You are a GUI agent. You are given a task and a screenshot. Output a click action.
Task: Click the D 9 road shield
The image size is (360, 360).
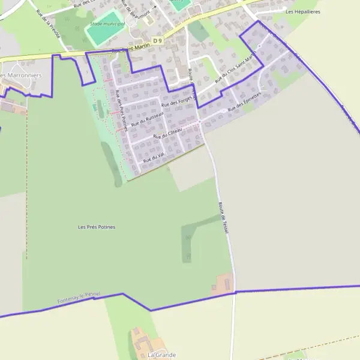(158, 40)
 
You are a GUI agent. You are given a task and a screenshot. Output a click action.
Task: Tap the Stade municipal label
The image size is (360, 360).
(107, 24)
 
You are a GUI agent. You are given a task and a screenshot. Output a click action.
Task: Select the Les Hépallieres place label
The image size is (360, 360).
(302, 11)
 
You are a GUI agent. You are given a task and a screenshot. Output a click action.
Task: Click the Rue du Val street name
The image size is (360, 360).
(154, 158)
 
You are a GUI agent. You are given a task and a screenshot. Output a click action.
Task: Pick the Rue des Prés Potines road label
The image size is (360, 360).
(121, 110)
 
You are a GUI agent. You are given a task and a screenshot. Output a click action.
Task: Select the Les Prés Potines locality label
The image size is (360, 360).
(97, 227)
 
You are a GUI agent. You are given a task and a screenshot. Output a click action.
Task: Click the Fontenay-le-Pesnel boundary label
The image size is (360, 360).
(79, 298)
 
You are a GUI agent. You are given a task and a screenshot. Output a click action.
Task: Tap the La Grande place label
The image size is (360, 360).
(161, 355)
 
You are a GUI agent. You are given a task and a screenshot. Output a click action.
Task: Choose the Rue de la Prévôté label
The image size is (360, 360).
(49, 24)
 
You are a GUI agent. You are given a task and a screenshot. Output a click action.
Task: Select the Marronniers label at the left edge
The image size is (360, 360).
(21, 76)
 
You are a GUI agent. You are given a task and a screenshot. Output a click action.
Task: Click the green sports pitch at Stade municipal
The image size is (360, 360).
(105, 34)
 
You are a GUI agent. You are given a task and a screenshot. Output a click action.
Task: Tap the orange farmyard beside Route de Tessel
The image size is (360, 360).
(224, 283)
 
